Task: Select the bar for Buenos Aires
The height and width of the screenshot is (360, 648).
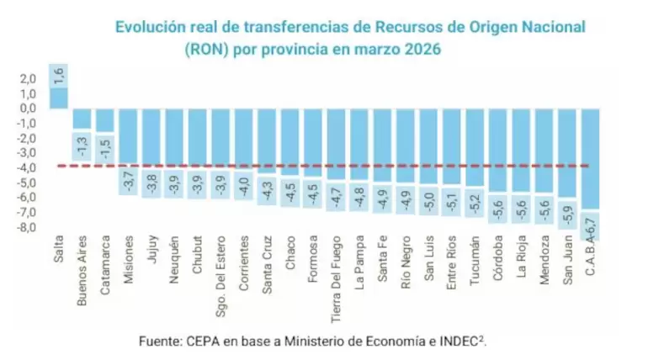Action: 82,119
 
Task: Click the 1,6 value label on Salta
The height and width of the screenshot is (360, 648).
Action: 59,76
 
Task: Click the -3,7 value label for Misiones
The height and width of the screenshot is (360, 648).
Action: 129,181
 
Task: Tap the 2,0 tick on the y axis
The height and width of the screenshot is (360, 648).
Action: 29,78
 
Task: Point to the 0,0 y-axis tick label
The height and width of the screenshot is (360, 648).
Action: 29,108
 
